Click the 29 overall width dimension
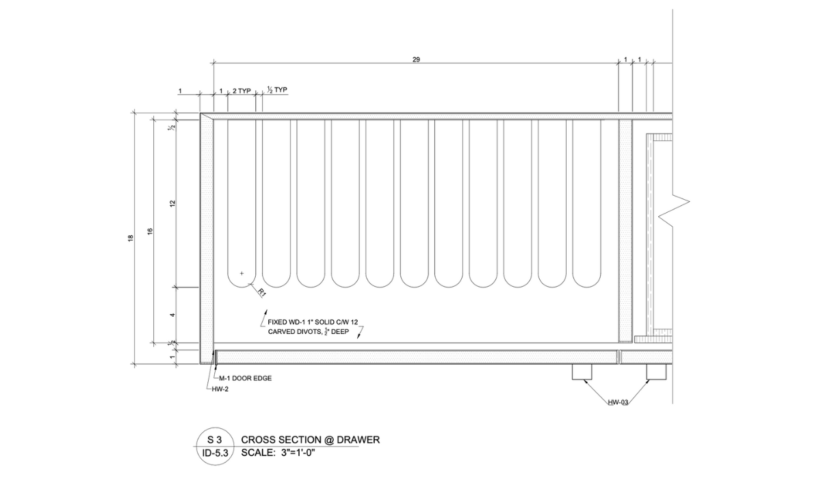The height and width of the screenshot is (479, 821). click(x=416, y=60)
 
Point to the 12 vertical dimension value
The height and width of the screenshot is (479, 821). click(x=172, y=203)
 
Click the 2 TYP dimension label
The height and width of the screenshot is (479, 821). click(x=242, y=90)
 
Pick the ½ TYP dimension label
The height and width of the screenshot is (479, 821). click(x=277, y=90)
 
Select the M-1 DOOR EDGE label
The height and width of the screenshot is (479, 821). click(x=245, y=378)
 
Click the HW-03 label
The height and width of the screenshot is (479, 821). click(x=618, y=402)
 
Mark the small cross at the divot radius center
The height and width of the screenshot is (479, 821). click(x=242, y=273)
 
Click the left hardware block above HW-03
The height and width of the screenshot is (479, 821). click(x=582, y=372)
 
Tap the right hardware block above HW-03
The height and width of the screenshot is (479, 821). click(x=657, y=372)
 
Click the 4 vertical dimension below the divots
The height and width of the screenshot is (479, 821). click(x=172, y=315)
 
